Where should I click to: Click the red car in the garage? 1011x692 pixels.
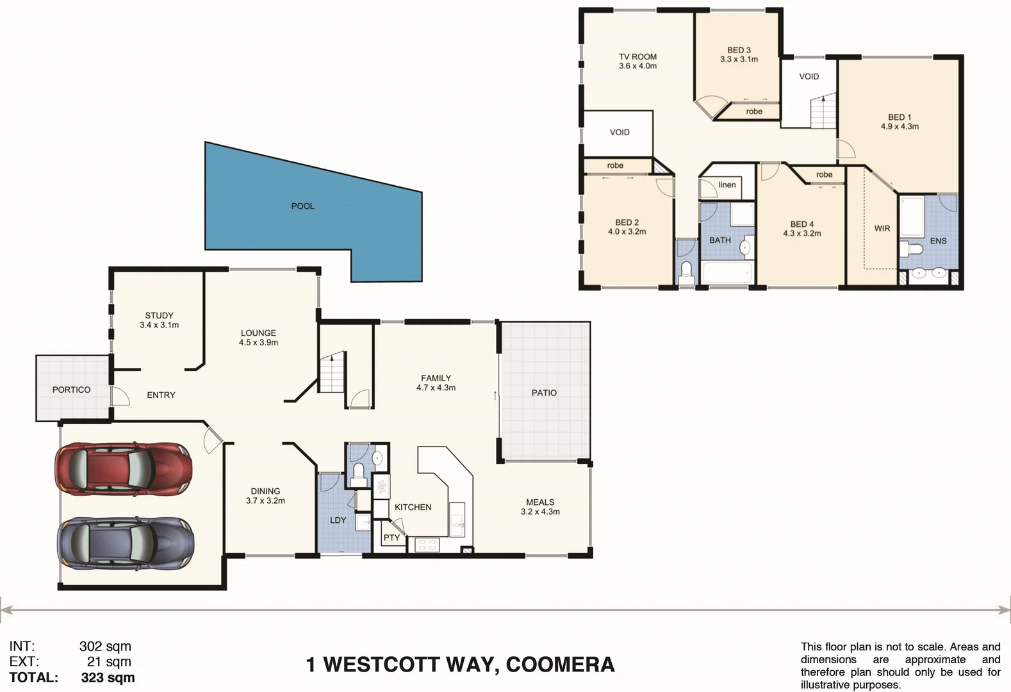coord(123,468)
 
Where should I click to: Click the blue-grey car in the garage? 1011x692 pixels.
coord(126,543)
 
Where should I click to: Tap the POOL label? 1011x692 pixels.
coord(303,206)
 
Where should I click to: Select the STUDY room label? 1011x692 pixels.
coord(159,316)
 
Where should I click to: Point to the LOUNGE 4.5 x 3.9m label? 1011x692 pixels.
coord(258,338)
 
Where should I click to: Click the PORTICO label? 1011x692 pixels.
coord(71,390)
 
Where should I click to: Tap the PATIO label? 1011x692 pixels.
coord(544,393)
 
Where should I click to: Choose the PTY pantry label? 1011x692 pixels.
coord(391,538)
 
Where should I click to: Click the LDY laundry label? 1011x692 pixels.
coord(338,520)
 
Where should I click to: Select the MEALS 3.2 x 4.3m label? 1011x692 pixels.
coord(540,507)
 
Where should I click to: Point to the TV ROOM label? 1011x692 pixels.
coord(637,57)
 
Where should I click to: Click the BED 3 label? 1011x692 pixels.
coord(739,50)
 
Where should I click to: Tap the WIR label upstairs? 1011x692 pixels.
coord(882,229)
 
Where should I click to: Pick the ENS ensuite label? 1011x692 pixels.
coord(938,241)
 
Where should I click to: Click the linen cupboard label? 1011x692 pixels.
coord(727,185)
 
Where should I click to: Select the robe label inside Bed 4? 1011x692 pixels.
coord(824,175)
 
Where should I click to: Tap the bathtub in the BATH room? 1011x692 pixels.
coord(727,272)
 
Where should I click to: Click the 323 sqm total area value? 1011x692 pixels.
coord(108,677)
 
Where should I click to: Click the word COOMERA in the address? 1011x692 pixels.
coord(560,664)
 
